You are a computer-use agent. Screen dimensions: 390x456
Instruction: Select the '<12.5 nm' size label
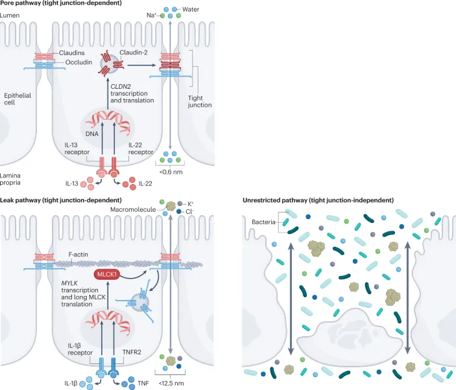(169, 384)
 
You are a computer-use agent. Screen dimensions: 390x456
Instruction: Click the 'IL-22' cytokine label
(146, 184)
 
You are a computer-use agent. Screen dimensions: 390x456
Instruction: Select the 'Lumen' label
(11, 15)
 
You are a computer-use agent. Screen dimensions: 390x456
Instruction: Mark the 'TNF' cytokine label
(143, 384)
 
